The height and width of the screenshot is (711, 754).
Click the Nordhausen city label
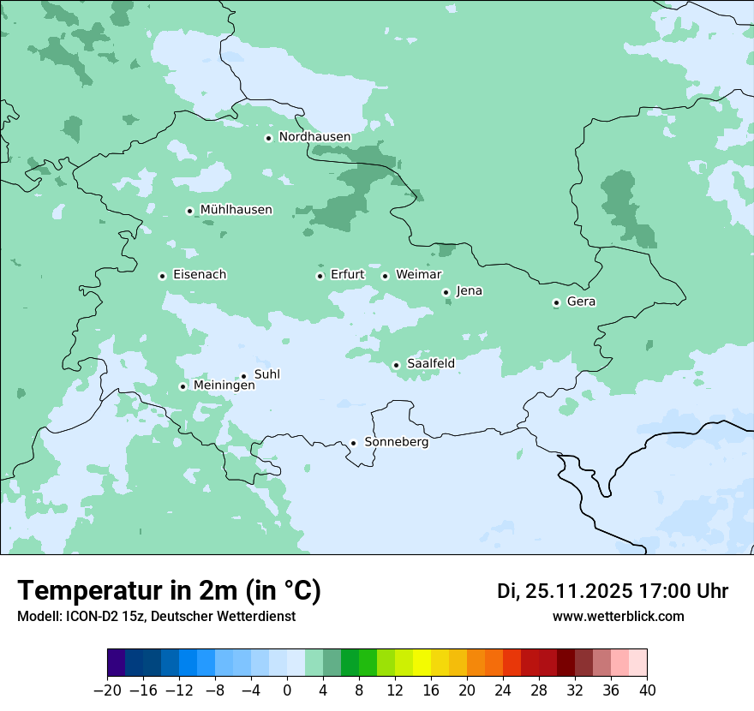[314, 137]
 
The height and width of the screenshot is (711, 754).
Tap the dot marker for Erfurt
[320, 276]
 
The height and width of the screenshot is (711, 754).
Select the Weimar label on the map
[418, 275]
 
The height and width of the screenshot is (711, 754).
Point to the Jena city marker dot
[446, 292]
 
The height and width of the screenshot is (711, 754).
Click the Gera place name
[581, 302]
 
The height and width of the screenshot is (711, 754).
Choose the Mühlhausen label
[236, 210]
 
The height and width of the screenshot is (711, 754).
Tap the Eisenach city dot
[162, 276]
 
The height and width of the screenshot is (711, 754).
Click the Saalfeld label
[430, 364]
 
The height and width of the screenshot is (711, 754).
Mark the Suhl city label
[267, 374]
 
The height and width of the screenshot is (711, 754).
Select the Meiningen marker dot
[183, 386]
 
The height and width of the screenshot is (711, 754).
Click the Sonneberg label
[396, 443]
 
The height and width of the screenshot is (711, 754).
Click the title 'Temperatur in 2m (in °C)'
[169, 591]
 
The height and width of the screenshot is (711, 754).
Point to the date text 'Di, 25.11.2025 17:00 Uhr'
[613, 591]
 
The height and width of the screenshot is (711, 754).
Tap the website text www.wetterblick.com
[618, 616]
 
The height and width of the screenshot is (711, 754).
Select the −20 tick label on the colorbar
[108, 690]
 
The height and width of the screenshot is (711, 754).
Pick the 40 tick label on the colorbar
[647, 690]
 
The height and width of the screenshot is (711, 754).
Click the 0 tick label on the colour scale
[287, 690]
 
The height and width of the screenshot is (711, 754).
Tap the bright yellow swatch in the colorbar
[422, 663]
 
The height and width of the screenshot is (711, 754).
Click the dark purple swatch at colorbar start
[117, 663]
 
